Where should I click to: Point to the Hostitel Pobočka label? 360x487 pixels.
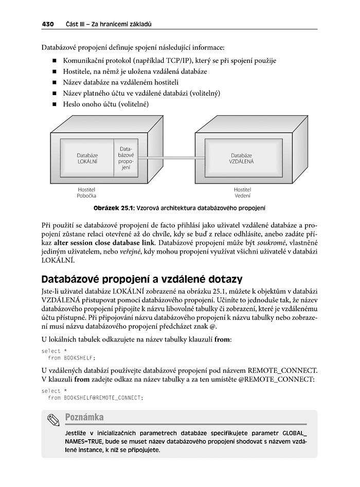(87, 192)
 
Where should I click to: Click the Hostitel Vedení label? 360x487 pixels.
(242, 192)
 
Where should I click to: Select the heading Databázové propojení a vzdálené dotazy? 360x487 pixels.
(141, 279)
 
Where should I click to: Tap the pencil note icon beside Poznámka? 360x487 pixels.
(53, 420)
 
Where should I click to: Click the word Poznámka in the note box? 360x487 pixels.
(84, 417)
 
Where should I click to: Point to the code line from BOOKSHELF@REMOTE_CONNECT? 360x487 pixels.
(95, 398)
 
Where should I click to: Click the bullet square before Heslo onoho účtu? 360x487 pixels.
(54, 104)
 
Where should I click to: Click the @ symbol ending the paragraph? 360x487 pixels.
(213, 327)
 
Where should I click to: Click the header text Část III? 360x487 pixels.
(76, 24)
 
